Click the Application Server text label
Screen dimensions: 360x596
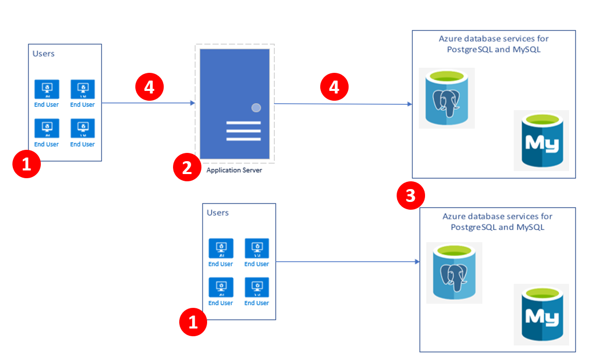[234, 170]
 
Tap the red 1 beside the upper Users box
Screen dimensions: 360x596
[26, 165]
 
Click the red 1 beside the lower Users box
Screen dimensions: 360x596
[193, 322]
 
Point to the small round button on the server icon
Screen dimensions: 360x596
[256, 108]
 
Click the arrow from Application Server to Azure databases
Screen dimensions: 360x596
[343, 104]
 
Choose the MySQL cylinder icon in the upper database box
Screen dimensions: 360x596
[541, 140]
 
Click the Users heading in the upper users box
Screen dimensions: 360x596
[43, 53]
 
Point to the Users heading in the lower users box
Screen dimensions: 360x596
[217, 212]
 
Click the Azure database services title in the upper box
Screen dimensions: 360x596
[493, 44]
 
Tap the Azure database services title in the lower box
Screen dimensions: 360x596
[497, 222]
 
